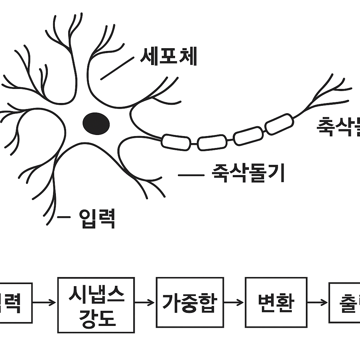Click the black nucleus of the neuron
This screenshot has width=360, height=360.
click(x=96, y=123)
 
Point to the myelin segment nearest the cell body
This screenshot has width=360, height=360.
click(x=176, y=142)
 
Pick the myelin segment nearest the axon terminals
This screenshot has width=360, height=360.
click(x=279, y=124)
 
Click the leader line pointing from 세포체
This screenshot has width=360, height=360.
click(x=117, y=69)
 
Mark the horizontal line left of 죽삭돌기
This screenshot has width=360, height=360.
click(x=191, y=175)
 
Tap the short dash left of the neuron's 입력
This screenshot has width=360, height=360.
click(x=64, y=217)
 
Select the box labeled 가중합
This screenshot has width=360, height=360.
click(x=190, y=302)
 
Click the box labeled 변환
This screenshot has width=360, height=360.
click(x=276, y=302)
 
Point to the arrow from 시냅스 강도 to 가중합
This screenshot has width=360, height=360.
click(x=145, y=302)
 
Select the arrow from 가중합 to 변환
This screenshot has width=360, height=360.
click(x=234, y=302)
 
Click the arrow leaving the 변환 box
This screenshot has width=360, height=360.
click(x=317, y=302)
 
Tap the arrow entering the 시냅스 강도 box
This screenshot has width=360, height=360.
click(x=45, y=302)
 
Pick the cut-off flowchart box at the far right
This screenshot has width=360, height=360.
click(x=345, y=302)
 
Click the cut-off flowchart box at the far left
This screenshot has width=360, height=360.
click(x=16, y=303)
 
